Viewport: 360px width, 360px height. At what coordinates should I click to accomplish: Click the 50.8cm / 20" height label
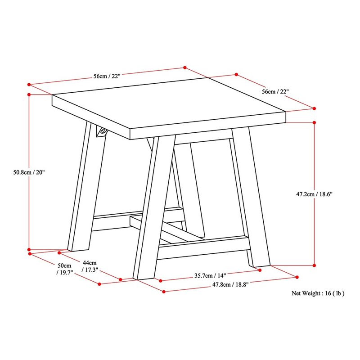tap(29, 172)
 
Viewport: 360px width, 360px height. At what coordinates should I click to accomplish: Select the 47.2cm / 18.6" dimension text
tap(314, 194)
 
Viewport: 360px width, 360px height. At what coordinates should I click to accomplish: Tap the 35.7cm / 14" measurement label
tap(210, 275)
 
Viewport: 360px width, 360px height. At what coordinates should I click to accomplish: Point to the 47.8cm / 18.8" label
tap(230, 285)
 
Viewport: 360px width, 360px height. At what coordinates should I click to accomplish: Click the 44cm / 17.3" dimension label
tap(90, 266)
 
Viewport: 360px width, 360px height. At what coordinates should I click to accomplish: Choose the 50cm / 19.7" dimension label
tap(64, 269)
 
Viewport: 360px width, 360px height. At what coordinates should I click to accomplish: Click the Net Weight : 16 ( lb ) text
tap(318, 293)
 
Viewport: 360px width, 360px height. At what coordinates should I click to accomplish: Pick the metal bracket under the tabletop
tap(102, 132)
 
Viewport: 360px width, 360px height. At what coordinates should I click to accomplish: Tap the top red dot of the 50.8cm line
tap(29, 94)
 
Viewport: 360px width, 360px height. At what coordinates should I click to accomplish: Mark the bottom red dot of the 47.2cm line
tap(314, 265)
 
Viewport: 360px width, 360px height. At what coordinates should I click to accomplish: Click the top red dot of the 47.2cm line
tap(314, 122)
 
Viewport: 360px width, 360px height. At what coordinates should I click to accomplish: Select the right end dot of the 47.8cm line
tap(297, 277)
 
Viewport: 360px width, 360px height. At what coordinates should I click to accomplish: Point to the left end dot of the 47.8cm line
tap(164, 292)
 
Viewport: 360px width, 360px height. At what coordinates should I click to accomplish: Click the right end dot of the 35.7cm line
tap(260, 270)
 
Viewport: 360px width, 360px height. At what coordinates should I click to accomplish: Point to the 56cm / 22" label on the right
tap(275, 92)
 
